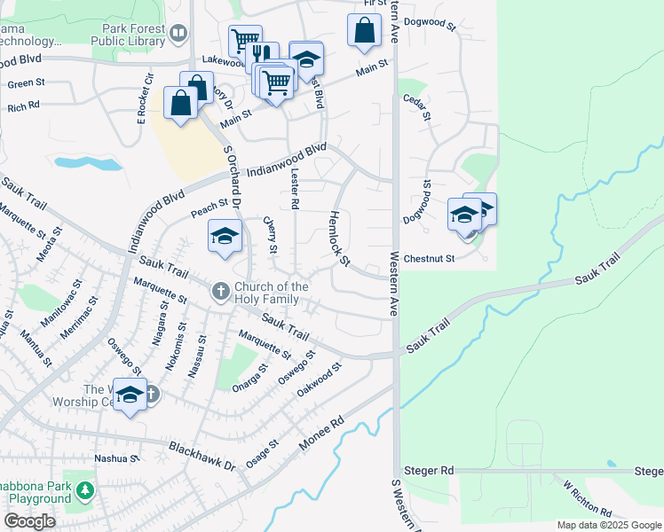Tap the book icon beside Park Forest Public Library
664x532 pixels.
[179, 34]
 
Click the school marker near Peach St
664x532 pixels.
[225, 236]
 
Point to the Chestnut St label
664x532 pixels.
[429, 259]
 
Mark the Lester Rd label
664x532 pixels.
[294, 191]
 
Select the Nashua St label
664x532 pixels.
[117, 458]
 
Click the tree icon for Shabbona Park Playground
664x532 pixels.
[84, 489]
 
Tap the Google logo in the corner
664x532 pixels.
[30, 521]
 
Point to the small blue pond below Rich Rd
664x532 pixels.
[87, 163]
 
